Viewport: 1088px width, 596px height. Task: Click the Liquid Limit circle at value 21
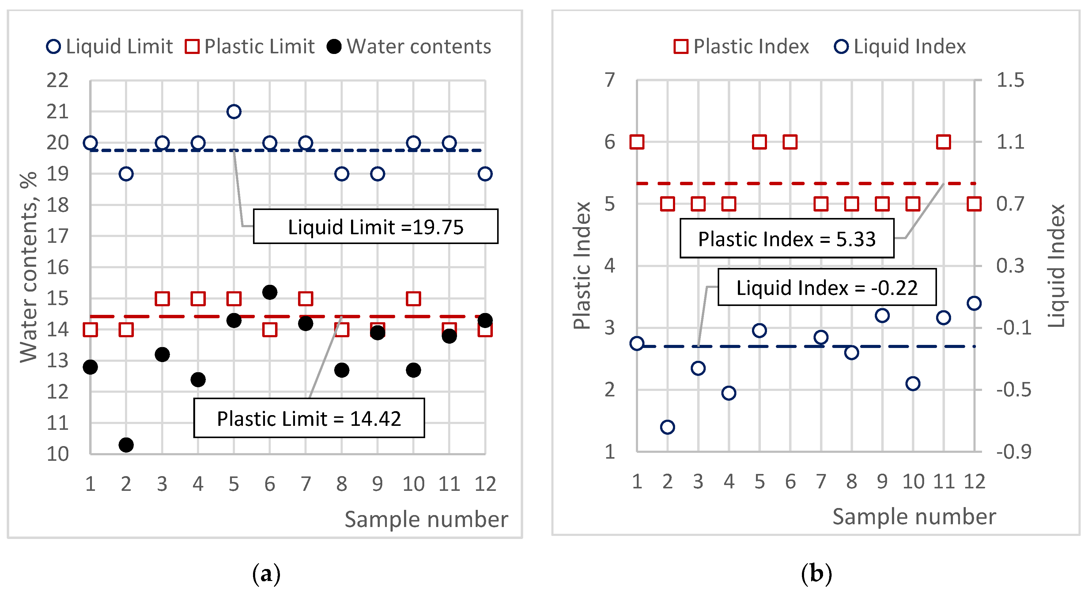234,112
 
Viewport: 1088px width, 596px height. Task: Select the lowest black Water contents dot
126,445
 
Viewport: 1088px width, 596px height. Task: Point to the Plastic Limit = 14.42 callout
309,418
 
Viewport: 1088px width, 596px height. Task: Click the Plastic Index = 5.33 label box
786,239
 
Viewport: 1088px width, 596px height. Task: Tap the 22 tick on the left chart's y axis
58,80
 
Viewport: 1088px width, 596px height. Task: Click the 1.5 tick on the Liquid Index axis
1010,80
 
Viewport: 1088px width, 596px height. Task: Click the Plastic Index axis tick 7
610,80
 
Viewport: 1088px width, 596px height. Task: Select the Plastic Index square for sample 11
943,142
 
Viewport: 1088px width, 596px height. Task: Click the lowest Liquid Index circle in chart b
667,427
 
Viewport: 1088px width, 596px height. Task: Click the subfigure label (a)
266,574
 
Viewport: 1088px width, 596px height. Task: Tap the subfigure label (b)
816,574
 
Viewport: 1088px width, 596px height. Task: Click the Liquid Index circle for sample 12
974,303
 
